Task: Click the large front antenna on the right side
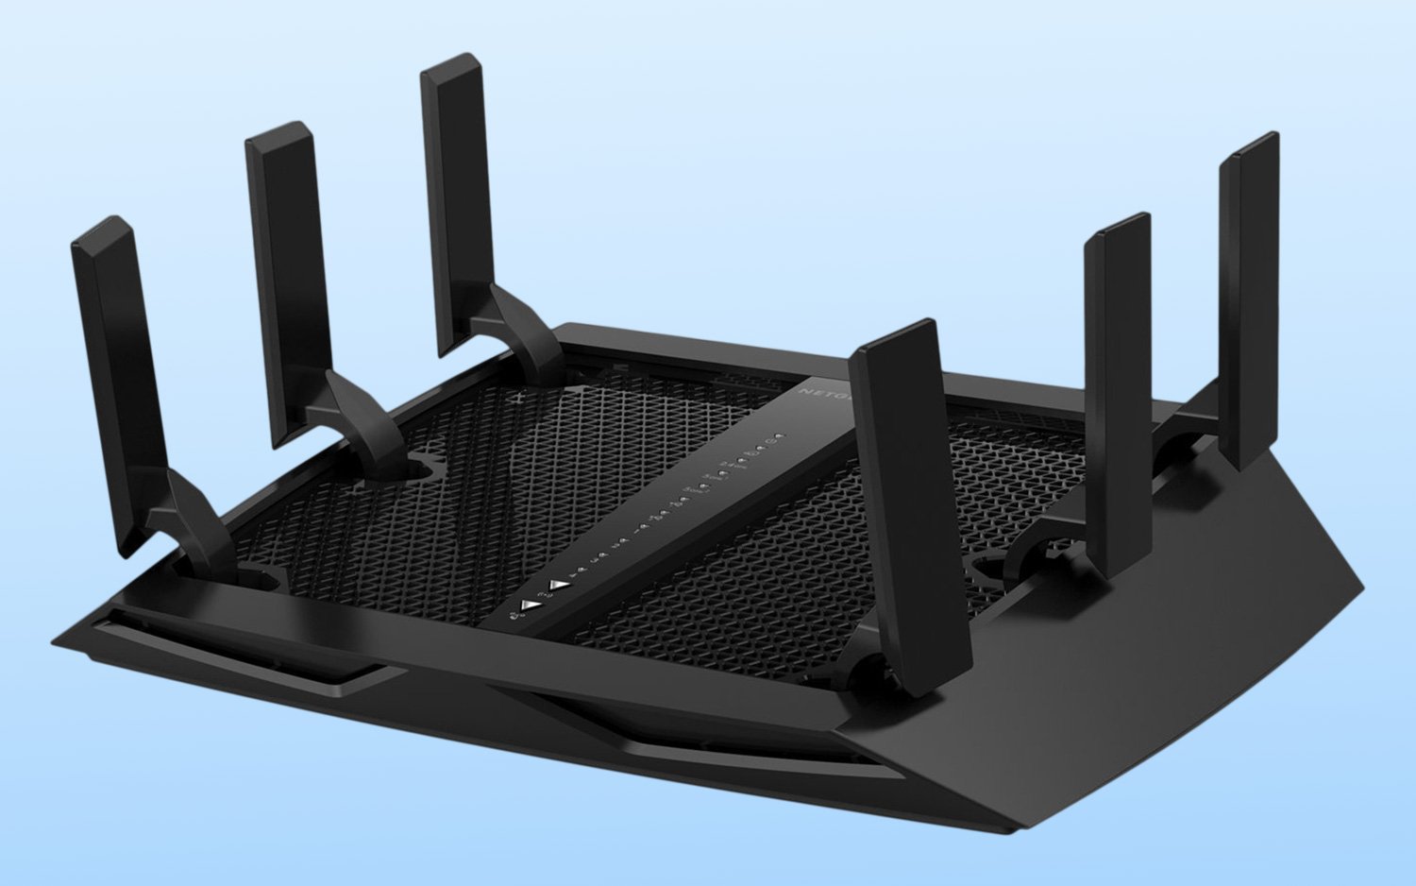tap(902, 501)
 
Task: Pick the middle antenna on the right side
tap(1118, 387)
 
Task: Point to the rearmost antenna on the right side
tap(1248, 293)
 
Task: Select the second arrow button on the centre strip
tap(562, 584)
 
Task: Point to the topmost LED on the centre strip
tap(780, 436)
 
